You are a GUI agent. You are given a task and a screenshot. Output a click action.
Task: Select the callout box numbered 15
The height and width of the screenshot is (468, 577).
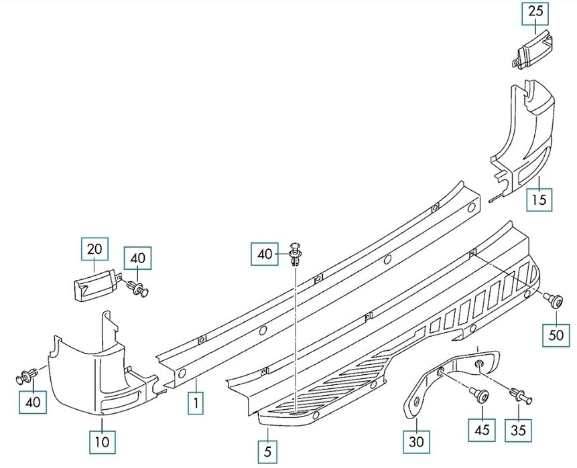539,200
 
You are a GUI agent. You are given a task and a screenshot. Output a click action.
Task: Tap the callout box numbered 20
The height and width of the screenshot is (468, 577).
94,249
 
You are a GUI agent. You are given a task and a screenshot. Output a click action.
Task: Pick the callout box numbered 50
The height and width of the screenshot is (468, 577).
556,335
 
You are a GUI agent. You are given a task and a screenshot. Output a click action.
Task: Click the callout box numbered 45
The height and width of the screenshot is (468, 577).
482,429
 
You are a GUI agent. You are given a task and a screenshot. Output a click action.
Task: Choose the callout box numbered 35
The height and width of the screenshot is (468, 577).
519,429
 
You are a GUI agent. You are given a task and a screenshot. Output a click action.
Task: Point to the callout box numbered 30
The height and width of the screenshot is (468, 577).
416,441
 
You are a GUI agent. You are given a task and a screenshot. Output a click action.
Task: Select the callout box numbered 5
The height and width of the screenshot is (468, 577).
267,451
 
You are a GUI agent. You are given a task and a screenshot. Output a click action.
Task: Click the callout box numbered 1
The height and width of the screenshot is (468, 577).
196,403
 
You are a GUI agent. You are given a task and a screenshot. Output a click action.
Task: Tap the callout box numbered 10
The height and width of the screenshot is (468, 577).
103,441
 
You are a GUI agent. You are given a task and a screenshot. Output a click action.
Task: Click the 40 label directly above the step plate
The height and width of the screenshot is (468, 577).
265,254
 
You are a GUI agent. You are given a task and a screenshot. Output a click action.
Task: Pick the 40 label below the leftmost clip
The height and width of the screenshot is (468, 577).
33,402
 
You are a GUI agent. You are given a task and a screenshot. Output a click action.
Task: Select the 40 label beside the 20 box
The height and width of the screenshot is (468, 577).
137,258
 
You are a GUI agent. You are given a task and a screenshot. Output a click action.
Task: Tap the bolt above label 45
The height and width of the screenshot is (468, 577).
479,395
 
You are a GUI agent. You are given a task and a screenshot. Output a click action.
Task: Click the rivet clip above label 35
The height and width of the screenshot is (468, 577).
520,396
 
